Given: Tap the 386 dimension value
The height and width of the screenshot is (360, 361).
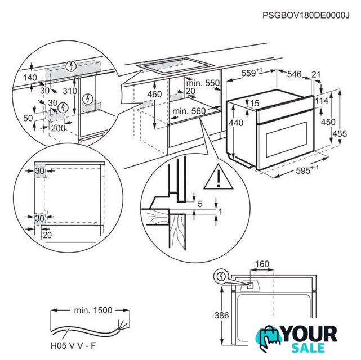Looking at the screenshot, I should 221,316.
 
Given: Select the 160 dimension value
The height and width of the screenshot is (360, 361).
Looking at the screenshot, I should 262,263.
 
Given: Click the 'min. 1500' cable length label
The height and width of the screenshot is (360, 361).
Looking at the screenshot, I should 93,310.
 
